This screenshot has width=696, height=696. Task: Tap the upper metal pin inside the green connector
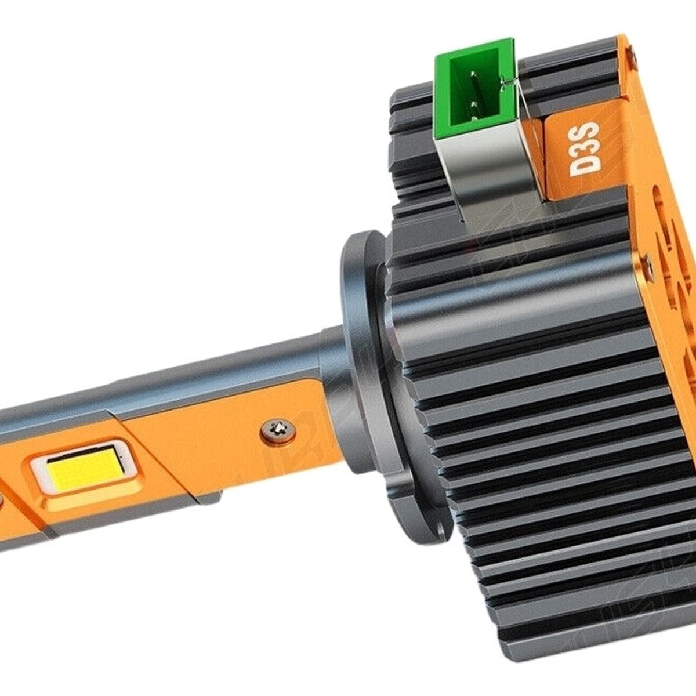[474, 74]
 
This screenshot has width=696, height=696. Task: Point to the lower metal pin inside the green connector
[475, 105]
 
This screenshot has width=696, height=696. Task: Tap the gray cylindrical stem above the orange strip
[232, 365]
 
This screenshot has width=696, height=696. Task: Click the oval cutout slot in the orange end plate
[661, 215]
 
